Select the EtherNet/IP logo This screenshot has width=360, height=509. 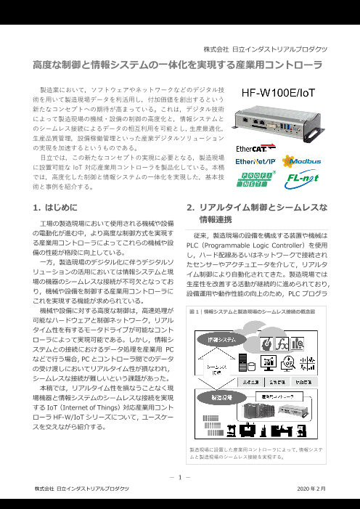(x=254, y=162)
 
